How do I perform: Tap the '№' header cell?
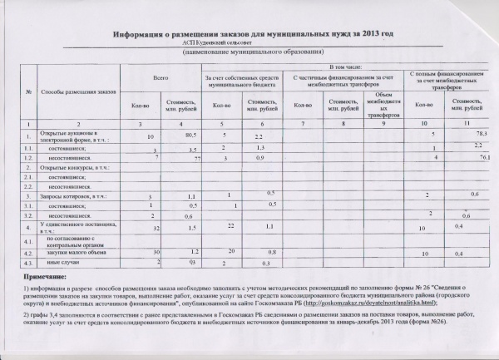coord(30,90)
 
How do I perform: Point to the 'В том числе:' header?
coord(345,64)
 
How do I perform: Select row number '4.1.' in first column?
coord(29,240)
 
